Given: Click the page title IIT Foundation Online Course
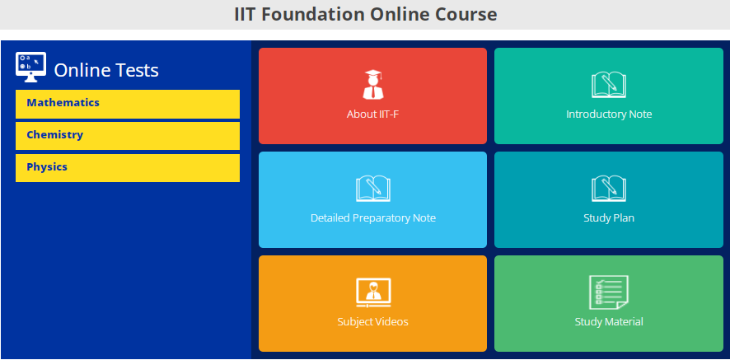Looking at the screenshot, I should (x=365, y=14).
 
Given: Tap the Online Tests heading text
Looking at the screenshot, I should (x=106, y=71).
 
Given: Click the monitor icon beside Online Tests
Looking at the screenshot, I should (x=31, y=67).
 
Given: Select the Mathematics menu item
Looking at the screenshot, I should (x=63, y=103).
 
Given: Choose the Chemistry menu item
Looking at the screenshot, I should (x=55, y=135).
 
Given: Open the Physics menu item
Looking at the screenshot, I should (x=47, y=167).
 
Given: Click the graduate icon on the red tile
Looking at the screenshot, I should (x=373, y=84).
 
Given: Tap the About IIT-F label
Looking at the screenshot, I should (x=373, y=115).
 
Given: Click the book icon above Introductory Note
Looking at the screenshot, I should (x=609, y=84).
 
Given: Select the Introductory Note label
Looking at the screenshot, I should (x=609, y=115).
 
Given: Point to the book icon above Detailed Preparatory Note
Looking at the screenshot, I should (x=373, y=188).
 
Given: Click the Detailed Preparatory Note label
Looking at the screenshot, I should (x=373, y=218).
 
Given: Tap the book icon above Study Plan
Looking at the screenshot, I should (x=609, y=188).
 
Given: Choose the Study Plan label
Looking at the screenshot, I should (x=609, y=218).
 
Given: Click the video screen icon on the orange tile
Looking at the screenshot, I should (x=373, y=292).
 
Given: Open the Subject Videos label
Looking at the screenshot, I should (x=373, y=322).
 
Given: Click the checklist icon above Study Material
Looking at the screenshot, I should (x=609, y=292).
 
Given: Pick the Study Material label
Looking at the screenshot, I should (x=609, y=322).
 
